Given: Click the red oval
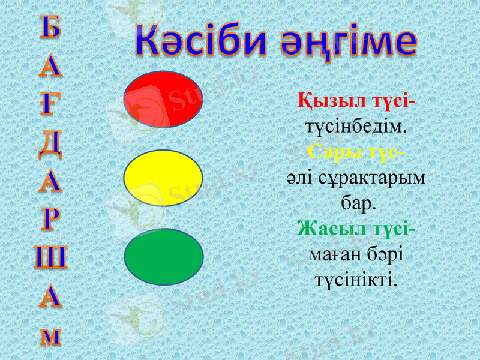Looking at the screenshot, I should point(163,100).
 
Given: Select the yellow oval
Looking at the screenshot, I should point(163,178).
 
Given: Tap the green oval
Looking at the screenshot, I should point(163,256).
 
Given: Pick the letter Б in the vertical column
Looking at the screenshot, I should point(50,28).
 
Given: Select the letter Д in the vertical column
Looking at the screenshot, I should point(50,143).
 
